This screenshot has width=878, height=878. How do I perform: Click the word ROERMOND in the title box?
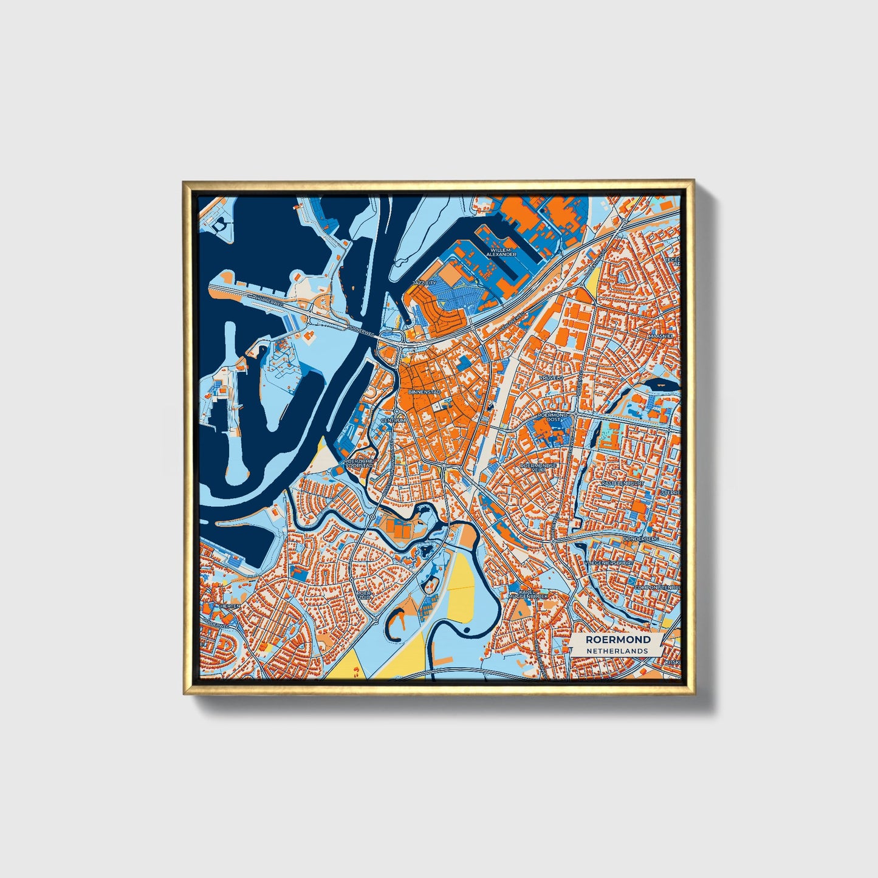tap(618, 640)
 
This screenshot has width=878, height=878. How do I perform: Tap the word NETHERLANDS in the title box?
tap(617, 650)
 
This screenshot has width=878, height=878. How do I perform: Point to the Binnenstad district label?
tap(424, 393)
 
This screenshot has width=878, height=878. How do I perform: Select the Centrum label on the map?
tap(392, 420)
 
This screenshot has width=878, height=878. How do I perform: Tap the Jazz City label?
tap(424, 283)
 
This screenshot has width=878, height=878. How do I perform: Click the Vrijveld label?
tap(551, 377)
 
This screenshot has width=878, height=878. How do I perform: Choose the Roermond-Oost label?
tap(553, 417)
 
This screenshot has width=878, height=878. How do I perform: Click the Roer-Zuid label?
tap(363, 595)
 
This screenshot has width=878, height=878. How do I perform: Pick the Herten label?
tap(230, 606)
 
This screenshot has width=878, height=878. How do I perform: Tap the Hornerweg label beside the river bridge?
tap(360, 328)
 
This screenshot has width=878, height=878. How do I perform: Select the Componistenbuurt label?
tap(656, 588)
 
